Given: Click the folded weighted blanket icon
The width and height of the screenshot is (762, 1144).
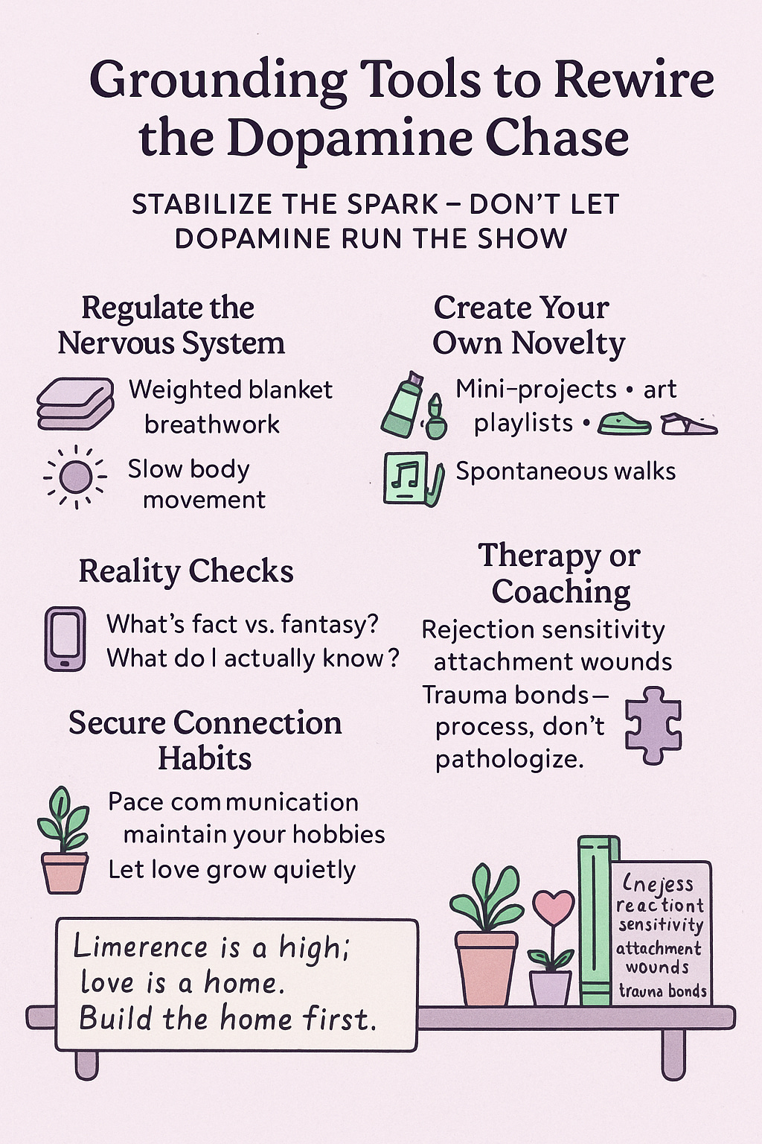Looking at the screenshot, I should [x=75, y=404].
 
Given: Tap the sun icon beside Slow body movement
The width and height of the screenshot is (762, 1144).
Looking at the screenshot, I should [x=75, y=477].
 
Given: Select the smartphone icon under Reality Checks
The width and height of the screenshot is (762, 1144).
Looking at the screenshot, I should [x=65, y=639].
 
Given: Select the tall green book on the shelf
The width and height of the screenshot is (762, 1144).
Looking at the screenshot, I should [x=598, y=921].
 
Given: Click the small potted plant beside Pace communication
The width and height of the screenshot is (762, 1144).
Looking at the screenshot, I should [x=65, y=841].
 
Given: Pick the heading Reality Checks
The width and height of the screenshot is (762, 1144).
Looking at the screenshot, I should [x=186, y=571].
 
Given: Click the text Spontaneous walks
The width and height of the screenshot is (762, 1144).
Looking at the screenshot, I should [x=566, y=471].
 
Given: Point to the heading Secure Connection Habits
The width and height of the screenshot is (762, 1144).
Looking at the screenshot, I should [x=205, y=740].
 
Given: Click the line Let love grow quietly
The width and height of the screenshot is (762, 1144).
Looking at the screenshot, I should [x=231, y=869].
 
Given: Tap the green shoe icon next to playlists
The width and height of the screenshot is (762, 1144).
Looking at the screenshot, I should [x=624, y=425].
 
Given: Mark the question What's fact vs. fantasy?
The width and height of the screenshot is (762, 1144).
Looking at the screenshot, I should [x=243, y=624].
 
